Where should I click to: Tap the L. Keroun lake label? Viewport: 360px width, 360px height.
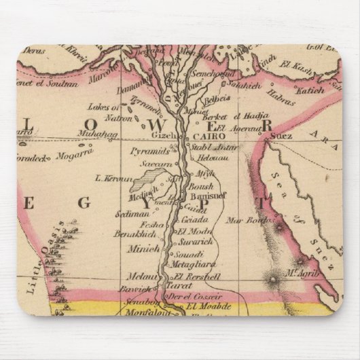(x=113, y=178)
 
